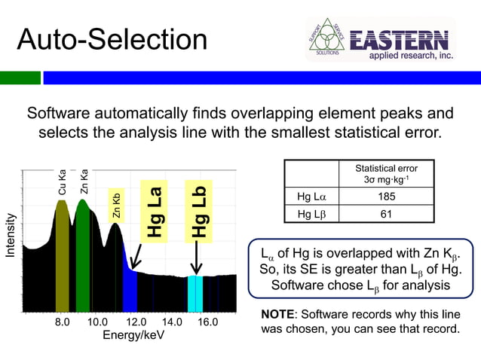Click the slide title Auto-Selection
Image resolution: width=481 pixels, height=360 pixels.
click(112, 40)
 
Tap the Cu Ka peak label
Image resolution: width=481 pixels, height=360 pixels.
click(63, 182)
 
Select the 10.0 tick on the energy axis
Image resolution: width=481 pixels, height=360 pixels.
click(98, 322)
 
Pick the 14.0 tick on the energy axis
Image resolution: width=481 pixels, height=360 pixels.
click(171, 322)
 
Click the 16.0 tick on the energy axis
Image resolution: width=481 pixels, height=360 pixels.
click(207, 322)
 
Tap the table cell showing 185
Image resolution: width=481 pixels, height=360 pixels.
click(385, 198)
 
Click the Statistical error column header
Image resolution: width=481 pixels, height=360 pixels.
click(385, 174)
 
